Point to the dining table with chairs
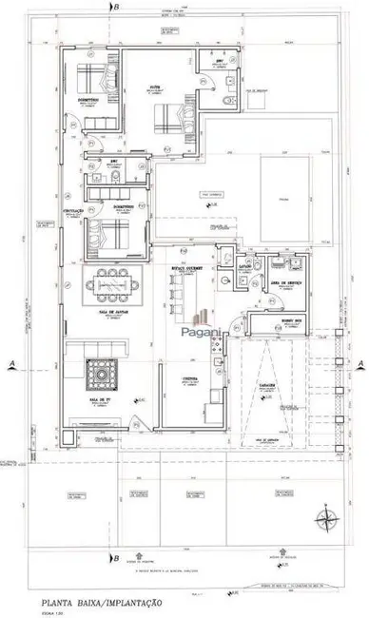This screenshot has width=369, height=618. click(x=111, y=282)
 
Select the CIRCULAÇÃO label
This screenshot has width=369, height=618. click(x=73, y=209)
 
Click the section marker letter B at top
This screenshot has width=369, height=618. click(x=116, y=8)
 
